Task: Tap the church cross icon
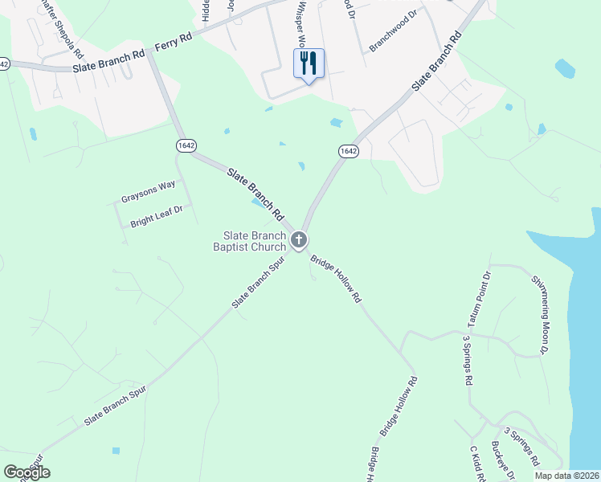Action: click(x=299, y=239)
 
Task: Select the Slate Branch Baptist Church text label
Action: click(x=254, y=241)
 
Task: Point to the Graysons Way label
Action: click(x=148, y=191)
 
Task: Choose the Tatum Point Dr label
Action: click(x=479, y=300)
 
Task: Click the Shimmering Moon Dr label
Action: click(x=540, y=314)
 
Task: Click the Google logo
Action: click(x=27, y=472)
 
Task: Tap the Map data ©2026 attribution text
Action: click(x=567, y=476)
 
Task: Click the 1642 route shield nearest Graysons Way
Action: click(x=186, y=144)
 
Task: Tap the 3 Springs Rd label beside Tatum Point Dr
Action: click(x=466, y=361)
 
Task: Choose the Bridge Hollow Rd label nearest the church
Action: click(x=337, y=279)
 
